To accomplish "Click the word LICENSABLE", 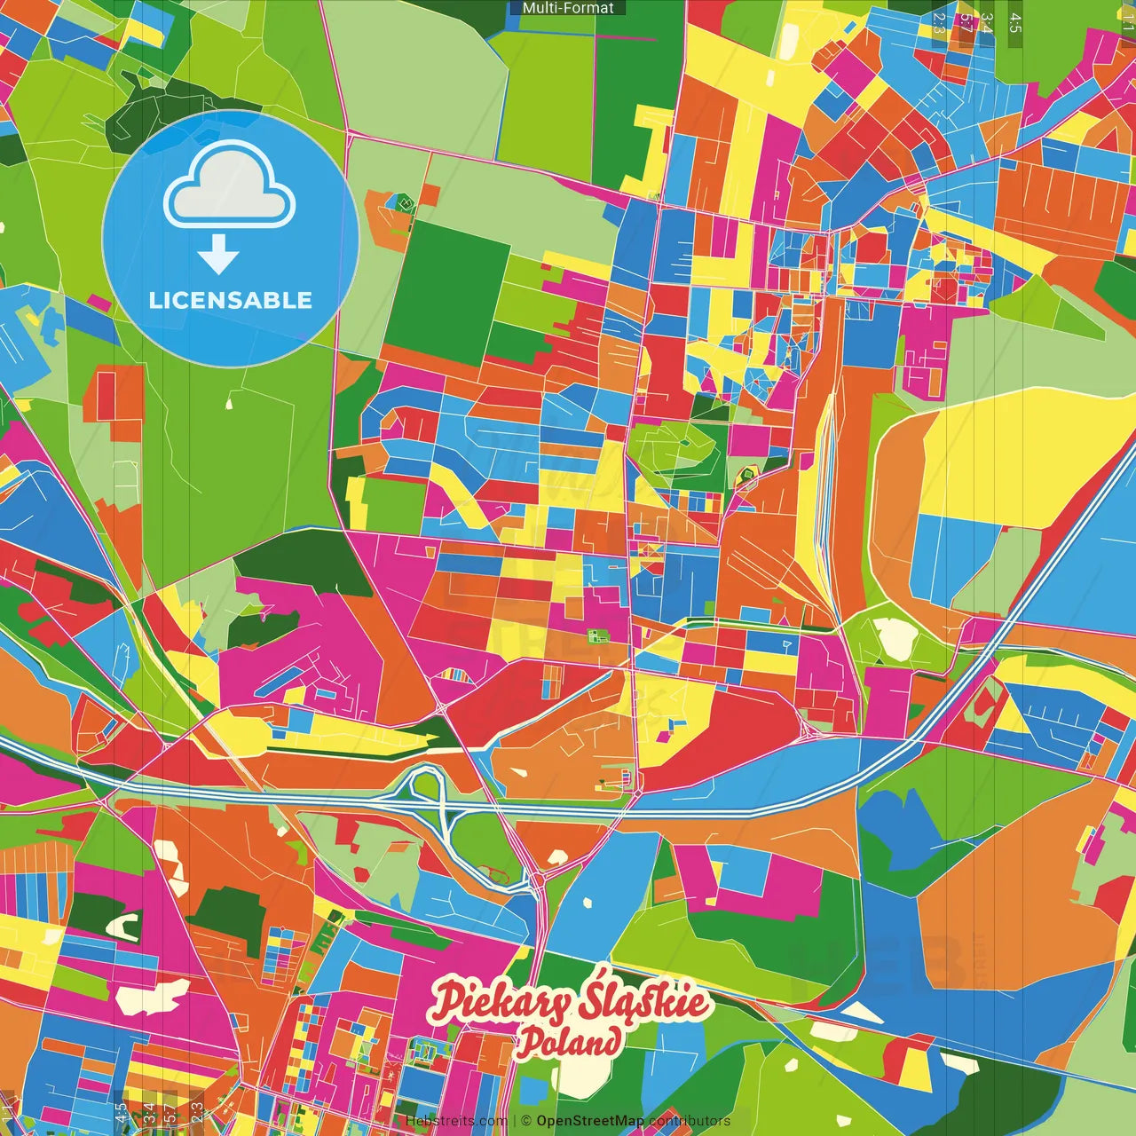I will click(x=230, y=300).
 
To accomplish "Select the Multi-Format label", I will click(x=568, y=8).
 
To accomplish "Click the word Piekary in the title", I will click(x=501, y=1002).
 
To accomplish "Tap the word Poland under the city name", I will click(x=569, y=1041).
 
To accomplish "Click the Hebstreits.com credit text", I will click(x=456, y=1121).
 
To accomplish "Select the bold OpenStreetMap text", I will click(x=589, y=1121).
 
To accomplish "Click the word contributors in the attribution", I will click(x=689, y=1121).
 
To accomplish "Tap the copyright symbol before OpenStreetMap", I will click(x=525, y=1121).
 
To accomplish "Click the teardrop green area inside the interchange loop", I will click(x=427, y=785).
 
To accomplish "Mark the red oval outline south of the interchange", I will click(x=493, y=875).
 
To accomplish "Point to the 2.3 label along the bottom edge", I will click(x=196, y=1112).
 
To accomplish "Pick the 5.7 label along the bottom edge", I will click(x=170, y=1112).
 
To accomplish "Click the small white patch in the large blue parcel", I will click(x=586, y=903).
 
